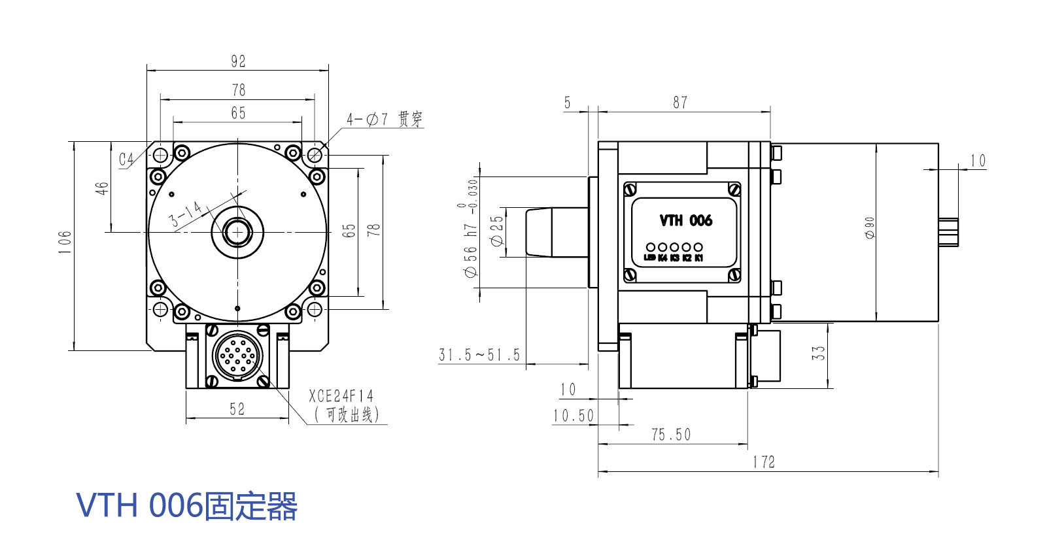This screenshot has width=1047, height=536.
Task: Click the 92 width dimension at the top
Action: (x=238, y=61)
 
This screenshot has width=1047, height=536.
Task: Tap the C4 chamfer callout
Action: (x=126, y=159)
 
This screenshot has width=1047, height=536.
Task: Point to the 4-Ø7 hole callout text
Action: (x=384, y=119)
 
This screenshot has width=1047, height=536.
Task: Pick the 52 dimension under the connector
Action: (x=237, y=409)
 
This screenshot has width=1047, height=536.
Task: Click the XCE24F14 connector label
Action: (x=341, y=396)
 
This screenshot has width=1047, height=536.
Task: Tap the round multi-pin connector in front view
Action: (x=237, y=356)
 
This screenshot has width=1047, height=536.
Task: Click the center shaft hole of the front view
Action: (x=237, y=231)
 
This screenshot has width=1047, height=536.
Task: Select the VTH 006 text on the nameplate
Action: (x=685, y=220)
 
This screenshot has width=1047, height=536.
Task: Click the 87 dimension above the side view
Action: (x=680, y=103)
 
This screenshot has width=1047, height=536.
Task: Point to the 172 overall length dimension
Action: (x=763, y=462)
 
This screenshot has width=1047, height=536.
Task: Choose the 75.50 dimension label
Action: (x=671, y=435)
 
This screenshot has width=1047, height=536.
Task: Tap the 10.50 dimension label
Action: (x=574, y=416)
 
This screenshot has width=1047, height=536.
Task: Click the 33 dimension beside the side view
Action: (x=819, y=353)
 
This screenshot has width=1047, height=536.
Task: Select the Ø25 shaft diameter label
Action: (x=497, y=231)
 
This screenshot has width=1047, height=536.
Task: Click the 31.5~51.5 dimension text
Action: (x=479, y=355)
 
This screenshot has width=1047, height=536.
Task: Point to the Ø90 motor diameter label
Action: (x=870, y=227)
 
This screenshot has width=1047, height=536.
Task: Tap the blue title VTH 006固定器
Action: (x=187, y=506)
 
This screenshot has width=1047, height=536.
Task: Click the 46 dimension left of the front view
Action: (x=102, y=188)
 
